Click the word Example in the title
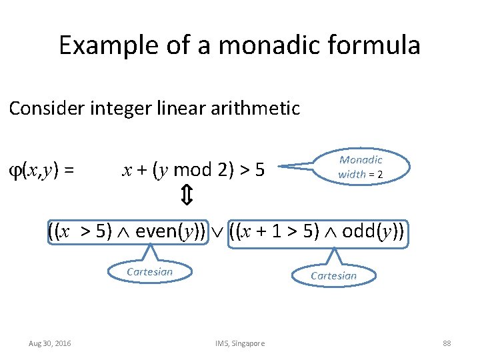click(99, 46)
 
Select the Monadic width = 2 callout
click(360, 167)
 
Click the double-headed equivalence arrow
click(187, 196)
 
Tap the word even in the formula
click(156, 232)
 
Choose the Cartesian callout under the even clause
click(149, 271)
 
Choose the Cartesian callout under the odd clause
click(334, 275)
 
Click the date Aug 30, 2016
click(50, 343)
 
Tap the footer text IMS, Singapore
click(240, 343)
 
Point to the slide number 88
click(447, 343)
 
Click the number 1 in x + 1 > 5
click(279, 232)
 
